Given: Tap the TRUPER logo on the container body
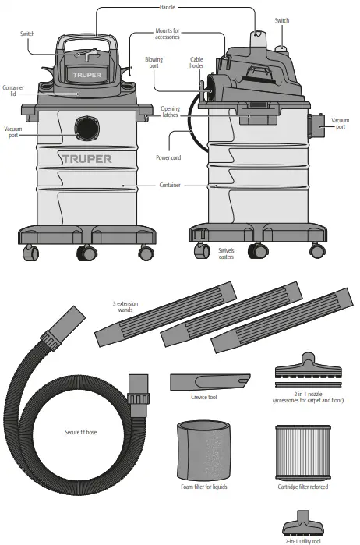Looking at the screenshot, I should [86, 158].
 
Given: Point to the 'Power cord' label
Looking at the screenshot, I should [168, 157].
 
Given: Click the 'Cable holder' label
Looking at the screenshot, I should [198, 62].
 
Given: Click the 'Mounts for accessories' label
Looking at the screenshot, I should [165, 34].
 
